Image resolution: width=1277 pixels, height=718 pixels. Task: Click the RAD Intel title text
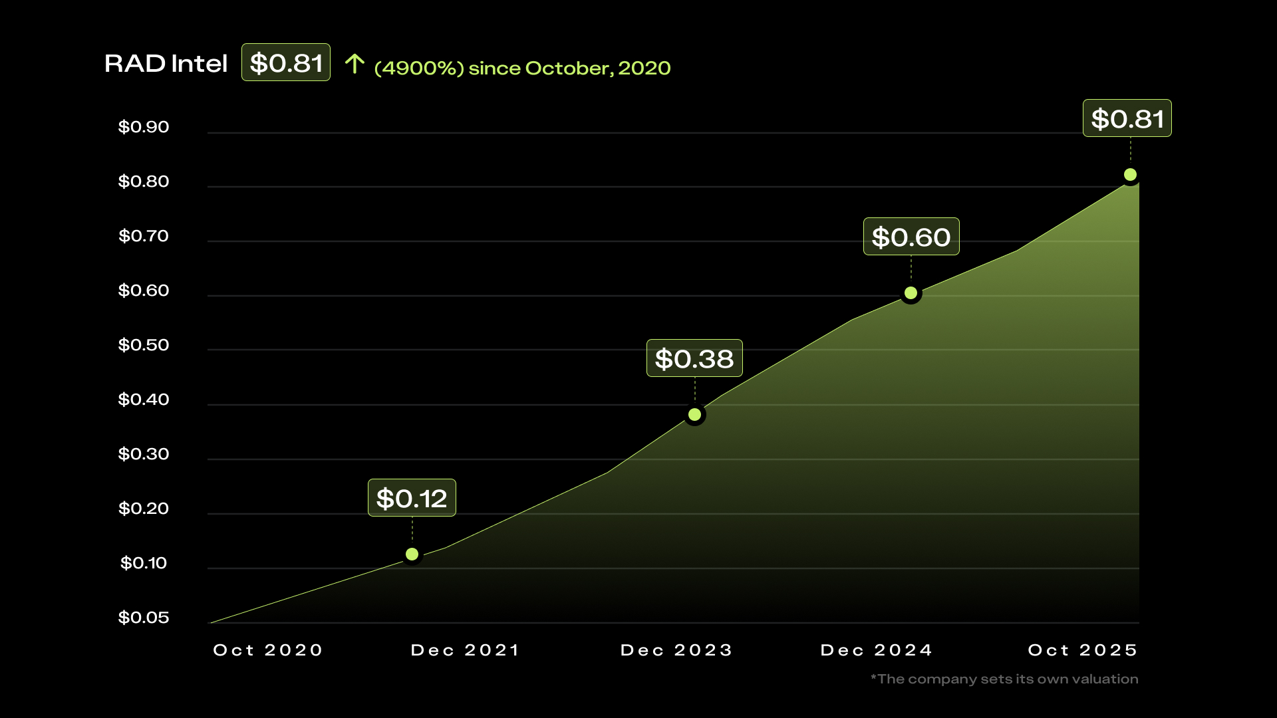[166, 64]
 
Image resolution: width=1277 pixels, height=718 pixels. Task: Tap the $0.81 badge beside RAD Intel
[285, 62]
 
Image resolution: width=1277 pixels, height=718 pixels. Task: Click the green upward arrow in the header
[355, 64]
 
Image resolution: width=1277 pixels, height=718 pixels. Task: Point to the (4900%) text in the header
[419, 68]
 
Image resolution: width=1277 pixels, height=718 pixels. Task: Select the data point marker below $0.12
[412, 554]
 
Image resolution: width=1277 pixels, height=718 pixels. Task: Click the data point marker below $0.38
[694, 415]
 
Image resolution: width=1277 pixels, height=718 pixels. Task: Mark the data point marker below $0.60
[911, 293]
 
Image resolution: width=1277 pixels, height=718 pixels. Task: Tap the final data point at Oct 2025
[1130, 175]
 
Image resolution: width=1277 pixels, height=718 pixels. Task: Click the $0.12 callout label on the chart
[412, 498]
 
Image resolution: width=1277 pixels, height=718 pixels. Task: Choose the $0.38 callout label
[694, 358]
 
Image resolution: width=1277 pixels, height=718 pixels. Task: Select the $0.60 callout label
[911, 237]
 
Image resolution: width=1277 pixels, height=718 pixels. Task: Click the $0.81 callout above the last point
[1127, 118]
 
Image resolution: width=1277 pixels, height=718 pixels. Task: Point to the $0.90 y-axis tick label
[144, 127]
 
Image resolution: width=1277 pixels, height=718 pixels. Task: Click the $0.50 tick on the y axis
[144, 345]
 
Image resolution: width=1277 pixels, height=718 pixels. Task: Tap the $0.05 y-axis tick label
[144, 618]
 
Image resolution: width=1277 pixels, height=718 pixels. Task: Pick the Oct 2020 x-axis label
[268, 650]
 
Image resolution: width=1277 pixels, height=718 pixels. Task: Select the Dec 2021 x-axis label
[465, 650]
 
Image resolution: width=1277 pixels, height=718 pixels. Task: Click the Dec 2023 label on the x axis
[676, 650]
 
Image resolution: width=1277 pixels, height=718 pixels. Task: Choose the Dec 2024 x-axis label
[877, 650]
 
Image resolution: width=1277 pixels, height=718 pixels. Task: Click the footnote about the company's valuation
[1004, 679]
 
